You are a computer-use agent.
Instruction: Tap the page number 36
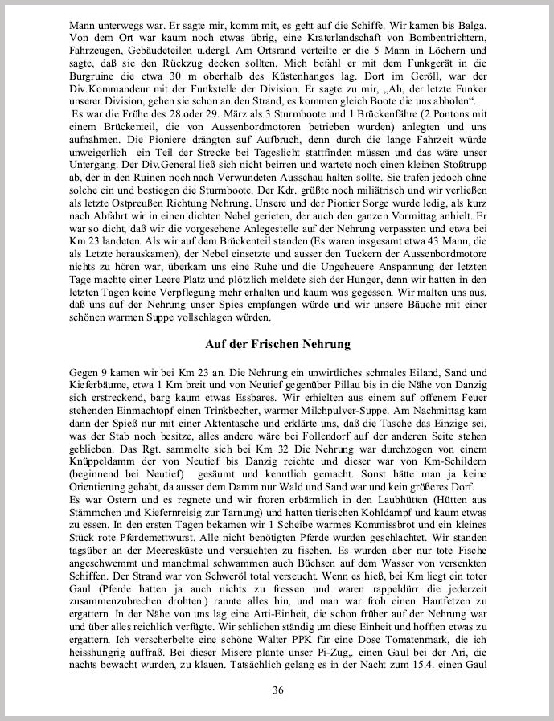[277, 689]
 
